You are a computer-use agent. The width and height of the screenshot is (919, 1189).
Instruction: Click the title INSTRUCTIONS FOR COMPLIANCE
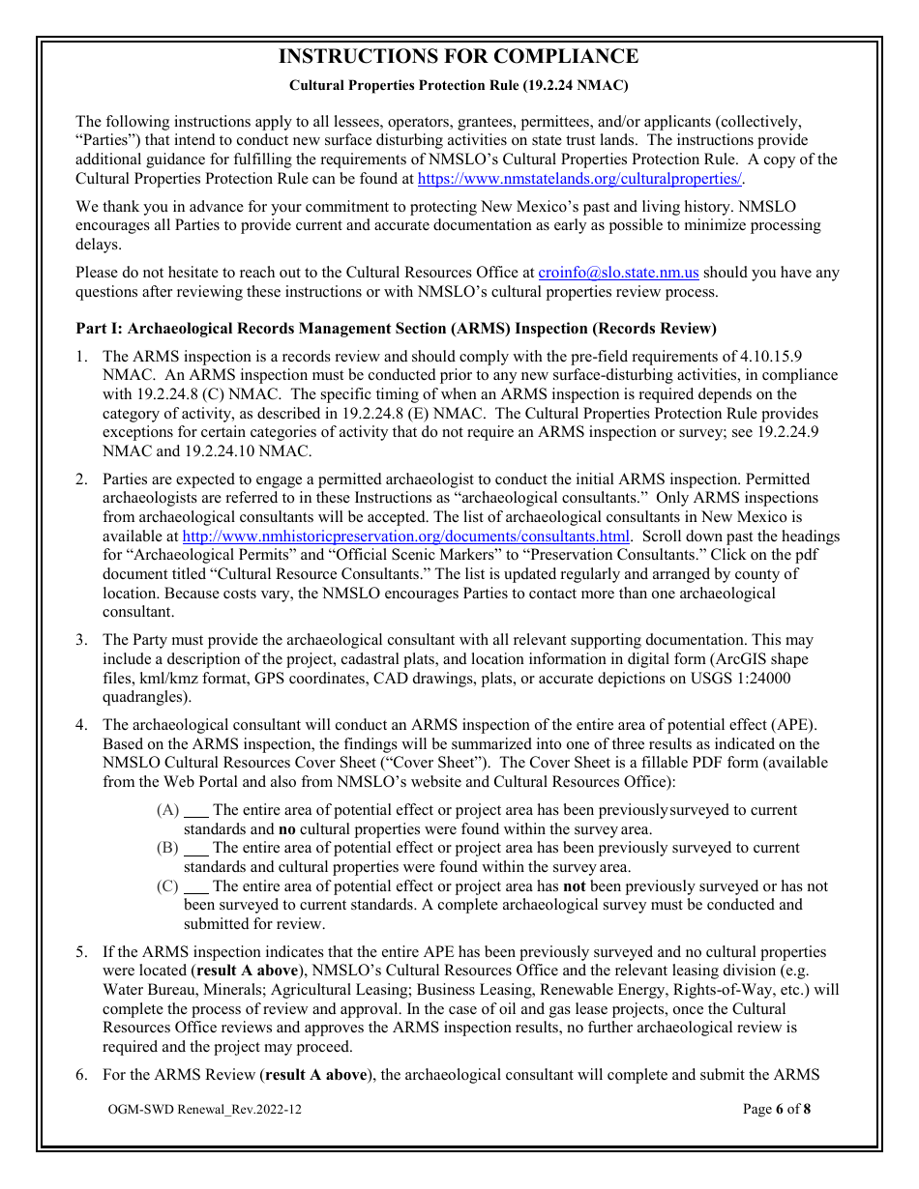[x=459, y=57]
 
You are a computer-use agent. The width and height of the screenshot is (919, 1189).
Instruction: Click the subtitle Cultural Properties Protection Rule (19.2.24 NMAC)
[x=459, y=85]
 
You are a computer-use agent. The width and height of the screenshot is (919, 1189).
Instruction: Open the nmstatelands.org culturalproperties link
[x=578, y=179]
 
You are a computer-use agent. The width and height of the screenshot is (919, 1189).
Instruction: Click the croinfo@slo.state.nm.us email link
[x=618, y=274]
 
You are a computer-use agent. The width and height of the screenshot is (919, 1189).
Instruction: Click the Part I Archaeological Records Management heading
[x=396, y=330]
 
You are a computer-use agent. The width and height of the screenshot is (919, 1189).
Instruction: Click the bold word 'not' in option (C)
[x=575, y=886]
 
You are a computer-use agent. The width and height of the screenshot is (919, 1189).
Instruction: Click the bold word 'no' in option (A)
[x=287, y=828]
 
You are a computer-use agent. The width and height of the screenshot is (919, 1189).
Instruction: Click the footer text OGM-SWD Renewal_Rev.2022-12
[x=205, y=1109]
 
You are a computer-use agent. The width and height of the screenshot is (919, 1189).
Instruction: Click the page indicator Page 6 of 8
[x=777, y=1109]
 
